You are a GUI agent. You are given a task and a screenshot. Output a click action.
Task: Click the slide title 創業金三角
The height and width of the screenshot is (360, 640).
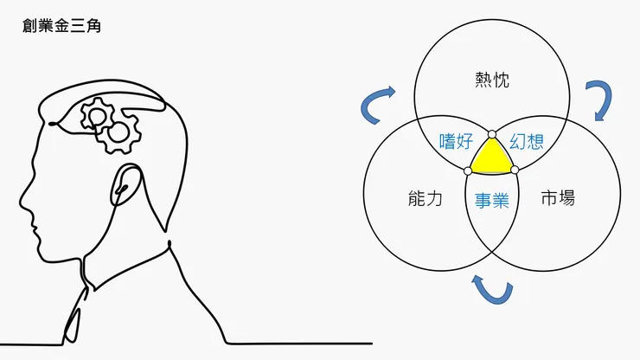click(x=63, y=27)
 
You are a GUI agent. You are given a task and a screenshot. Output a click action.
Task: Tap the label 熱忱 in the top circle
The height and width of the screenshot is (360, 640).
click(x=492, y=81)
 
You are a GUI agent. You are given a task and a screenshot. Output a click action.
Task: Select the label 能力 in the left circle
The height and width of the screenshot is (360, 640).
click(x=424, y=198)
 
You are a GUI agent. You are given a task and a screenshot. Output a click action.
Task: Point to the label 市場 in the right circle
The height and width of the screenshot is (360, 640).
click(x=557, y=198)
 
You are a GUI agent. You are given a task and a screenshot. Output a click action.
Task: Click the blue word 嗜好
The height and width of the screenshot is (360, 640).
click(x=455, y=140)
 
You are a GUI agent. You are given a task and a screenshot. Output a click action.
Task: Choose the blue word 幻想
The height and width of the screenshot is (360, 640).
click(x=527, y=140)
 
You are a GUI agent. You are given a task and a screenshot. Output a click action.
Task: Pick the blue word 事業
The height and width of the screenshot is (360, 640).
click(x=491, y=200)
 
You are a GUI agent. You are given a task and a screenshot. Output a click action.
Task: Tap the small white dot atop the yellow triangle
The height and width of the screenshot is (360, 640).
click(x=491, y=134)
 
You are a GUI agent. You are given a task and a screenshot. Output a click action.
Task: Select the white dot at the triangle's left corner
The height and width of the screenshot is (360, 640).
click(x=468, y=170)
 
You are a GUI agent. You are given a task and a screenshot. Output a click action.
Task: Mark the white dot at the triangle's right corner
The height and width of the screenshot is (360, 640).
click(x=515, y=170)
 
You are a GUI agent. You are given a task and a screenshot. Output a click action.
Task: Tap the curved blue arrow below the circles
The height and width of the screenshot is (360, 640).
click(x=490, y=290)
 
